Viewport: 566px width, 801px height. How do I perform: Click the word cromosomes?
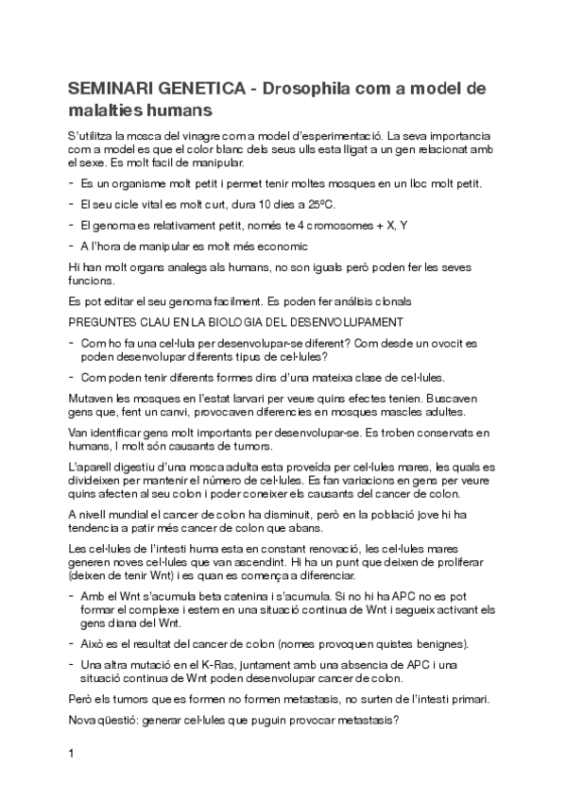tap(330, 224)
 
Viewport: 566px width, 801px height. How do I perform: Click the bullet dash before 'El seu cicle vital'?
tap(73, 203)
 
